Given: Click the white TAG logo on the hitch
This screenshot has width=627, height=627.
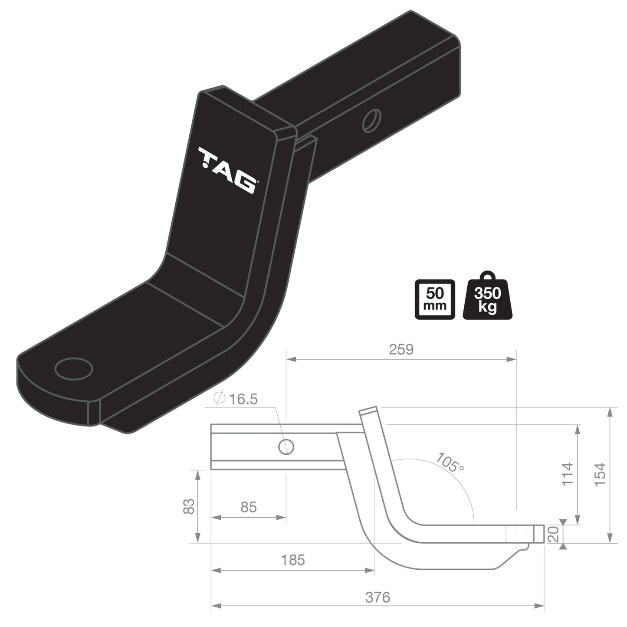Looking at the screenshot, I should [227, 170].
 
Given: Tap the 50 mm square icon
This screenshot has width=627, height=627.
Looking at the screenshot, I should [435, 299].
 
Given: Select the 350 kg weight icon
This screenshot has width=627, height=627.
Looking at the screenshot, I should [487, 299].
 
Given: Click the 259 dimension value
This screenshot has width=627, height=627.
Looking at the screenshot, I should [401, 349].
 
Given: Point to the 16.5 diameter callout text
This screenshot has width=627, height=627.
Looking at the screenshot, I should [243, 399].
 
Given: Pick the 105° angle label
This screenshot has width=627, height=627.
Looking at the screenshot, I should [450, 463].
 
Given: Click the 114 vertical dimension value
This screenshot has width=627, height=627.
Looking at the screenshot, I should [568, 474].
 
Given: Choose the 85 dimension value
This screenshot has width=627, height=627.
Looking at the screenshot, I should [248, 507].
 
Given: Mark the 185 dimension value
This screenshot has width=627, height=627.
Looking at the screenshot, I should [293, 560].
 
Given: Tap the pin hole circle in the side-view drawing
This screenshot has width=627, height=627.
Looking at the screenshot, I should [286, 446].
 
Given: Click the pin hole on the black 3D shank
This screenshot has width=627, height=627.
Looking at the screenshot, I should [372, 119].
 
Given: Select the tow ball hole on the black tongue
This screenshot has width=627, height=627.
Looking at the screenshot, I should [74, 369].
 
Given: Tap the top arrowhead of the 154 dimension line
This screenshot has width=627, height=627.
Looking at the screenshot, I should [611, 411].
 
